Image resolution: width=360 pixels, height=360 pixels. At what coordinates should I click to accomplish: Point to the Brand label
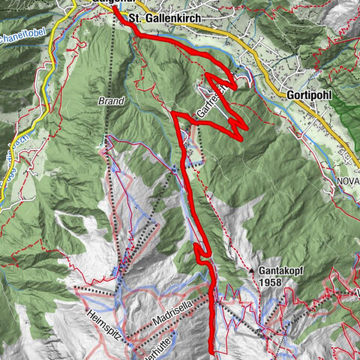109,100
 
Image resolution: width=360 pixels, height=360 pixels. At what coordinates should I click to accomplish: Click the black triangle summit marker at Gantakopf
252,268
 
